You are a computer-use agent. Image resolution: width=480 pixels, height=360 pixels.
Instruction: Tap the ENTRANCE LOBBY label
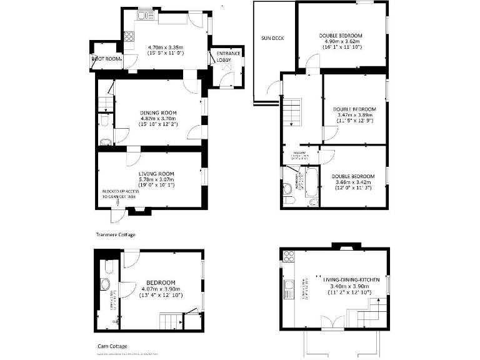coord(229,57)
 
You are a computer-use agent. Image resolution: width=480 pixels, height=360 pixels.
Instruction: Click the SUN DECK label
coord(272,39)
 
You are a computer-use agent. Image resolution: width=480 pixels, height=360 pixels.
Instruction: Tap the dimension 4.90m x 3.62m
coord(341,42)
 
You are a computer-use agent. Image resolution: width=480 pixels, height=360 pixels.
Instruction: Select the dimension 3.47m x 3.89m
coord(354,115)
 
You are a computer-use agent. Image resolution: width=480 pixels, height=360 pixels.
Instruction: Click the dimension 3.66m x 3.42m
coord(353,182)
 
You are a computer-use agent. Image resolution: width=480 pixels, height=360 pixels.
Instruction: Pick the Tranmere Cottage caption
coord(116,235)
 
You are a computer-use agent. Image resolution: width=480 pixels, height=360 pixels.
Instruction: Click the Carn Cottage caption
coord(112,345)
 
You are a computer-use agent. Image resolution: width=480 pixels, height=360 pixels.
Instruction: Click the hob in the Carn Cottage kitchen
coord(289,256)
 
